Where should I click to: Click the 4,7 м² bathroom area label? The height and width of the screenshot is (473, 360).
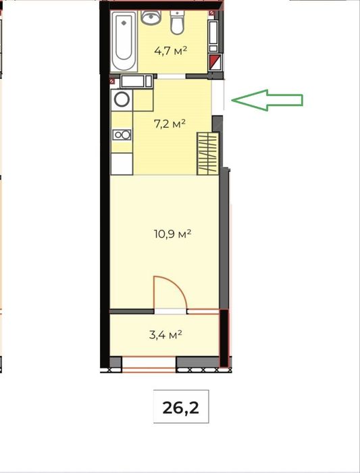pyautogui.click(x=170, y=51)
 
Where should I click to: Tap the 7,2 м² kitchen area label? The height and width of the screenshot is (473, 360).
pyautogui.click(x=170, y=124)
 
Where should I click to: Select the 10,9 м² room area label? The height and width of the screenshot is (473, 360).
pyautogui.click(x=172, y=234)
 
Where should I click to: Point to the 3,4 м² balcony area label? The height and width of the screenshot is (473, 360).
pyautogui.click(x=165, y=334)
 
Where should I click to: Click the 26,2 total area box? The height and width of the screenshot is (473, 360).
pyautogui.click(x=181, y=407)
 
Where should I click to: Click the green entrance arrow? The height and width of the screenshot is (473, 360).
pyautogui.click(x=267, y=100)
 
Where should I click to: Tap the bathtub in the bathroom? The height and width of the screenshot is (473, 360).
pyautogui.click(x=124, y=40)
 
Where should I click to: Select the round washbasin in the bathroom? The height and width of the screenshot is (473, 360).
pyautogui.click(x=151, y=18)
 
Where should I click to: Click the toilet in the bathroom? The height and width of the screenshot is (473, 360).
pyautogui.click(x=177, y=22)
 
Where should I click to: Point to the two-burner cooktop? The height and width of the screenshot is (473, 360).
pyautogui.click(x=122, y=134)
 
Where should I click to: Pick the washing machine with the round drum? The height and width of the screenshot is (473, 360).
pyautogui.click(x=122, y=99)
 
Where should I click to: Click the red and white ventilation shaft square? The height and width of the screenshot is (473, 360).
pyautogui.click(x=215, y=62)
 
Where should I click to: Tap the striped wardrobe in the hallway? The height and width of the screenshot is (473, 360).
pyautogui.click(x=208, y=153)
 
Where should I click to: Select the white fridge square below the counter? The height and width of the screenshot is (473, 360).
pyautogui.click(x=122, y=164)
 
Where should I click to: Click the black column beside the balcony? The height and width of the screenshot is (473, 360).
pyautogui.click(x=224, y=338)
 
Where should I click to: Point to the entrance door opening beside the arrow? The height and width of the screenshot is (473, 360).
pyautogui.click(x=217, y=96)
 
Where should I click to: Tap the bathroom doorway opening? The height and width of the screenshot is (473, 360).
pyautogui.click(x=172, y=76)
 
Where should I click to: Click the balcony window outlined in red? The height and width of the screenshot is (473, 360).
pyautogui.click(x=149, y=363)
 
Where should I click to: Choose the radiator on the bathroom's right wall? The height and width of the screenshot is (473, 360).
pyautogui.click(x=213, y=36)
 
